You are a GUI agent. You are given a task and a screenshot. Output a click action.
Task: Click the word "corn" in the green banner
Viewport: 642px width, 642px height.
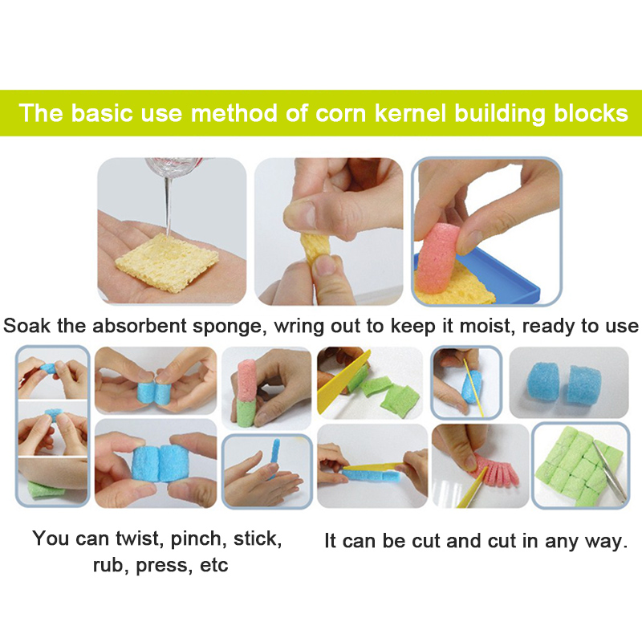tap(340, 113)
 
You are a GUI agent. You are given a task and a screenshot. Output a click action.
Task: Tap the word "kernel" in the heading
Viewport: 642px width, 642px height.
tap(410, 113)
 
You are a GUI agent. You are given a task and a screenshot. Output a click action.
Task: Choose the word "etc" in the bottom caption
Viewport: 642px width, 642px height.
tap(213, 566)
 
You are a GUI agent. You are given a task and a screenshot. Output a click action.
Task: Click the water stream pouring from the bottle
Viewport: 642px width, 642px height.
tap(167, 207)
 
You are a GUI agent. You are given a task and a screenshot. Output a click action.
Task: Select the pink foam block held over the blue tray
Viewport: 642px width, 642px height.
tap(437, 257)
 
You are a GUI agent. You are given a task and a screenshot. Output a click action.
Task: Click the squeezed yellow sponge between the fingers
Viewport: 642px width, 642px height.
tap(315, 248)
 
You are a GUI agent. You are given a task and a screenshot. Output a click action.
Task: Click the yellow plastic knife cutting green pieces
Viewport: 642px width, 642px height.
tap(344, 382)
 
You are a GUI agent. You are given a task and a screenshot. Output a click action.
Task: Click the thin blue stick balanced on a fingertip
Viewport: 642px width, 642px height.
tap(274, 457)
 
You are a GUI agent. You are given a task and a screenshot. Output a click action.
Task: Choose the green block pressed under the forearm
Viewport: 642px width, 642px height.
tap(45, 490)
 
